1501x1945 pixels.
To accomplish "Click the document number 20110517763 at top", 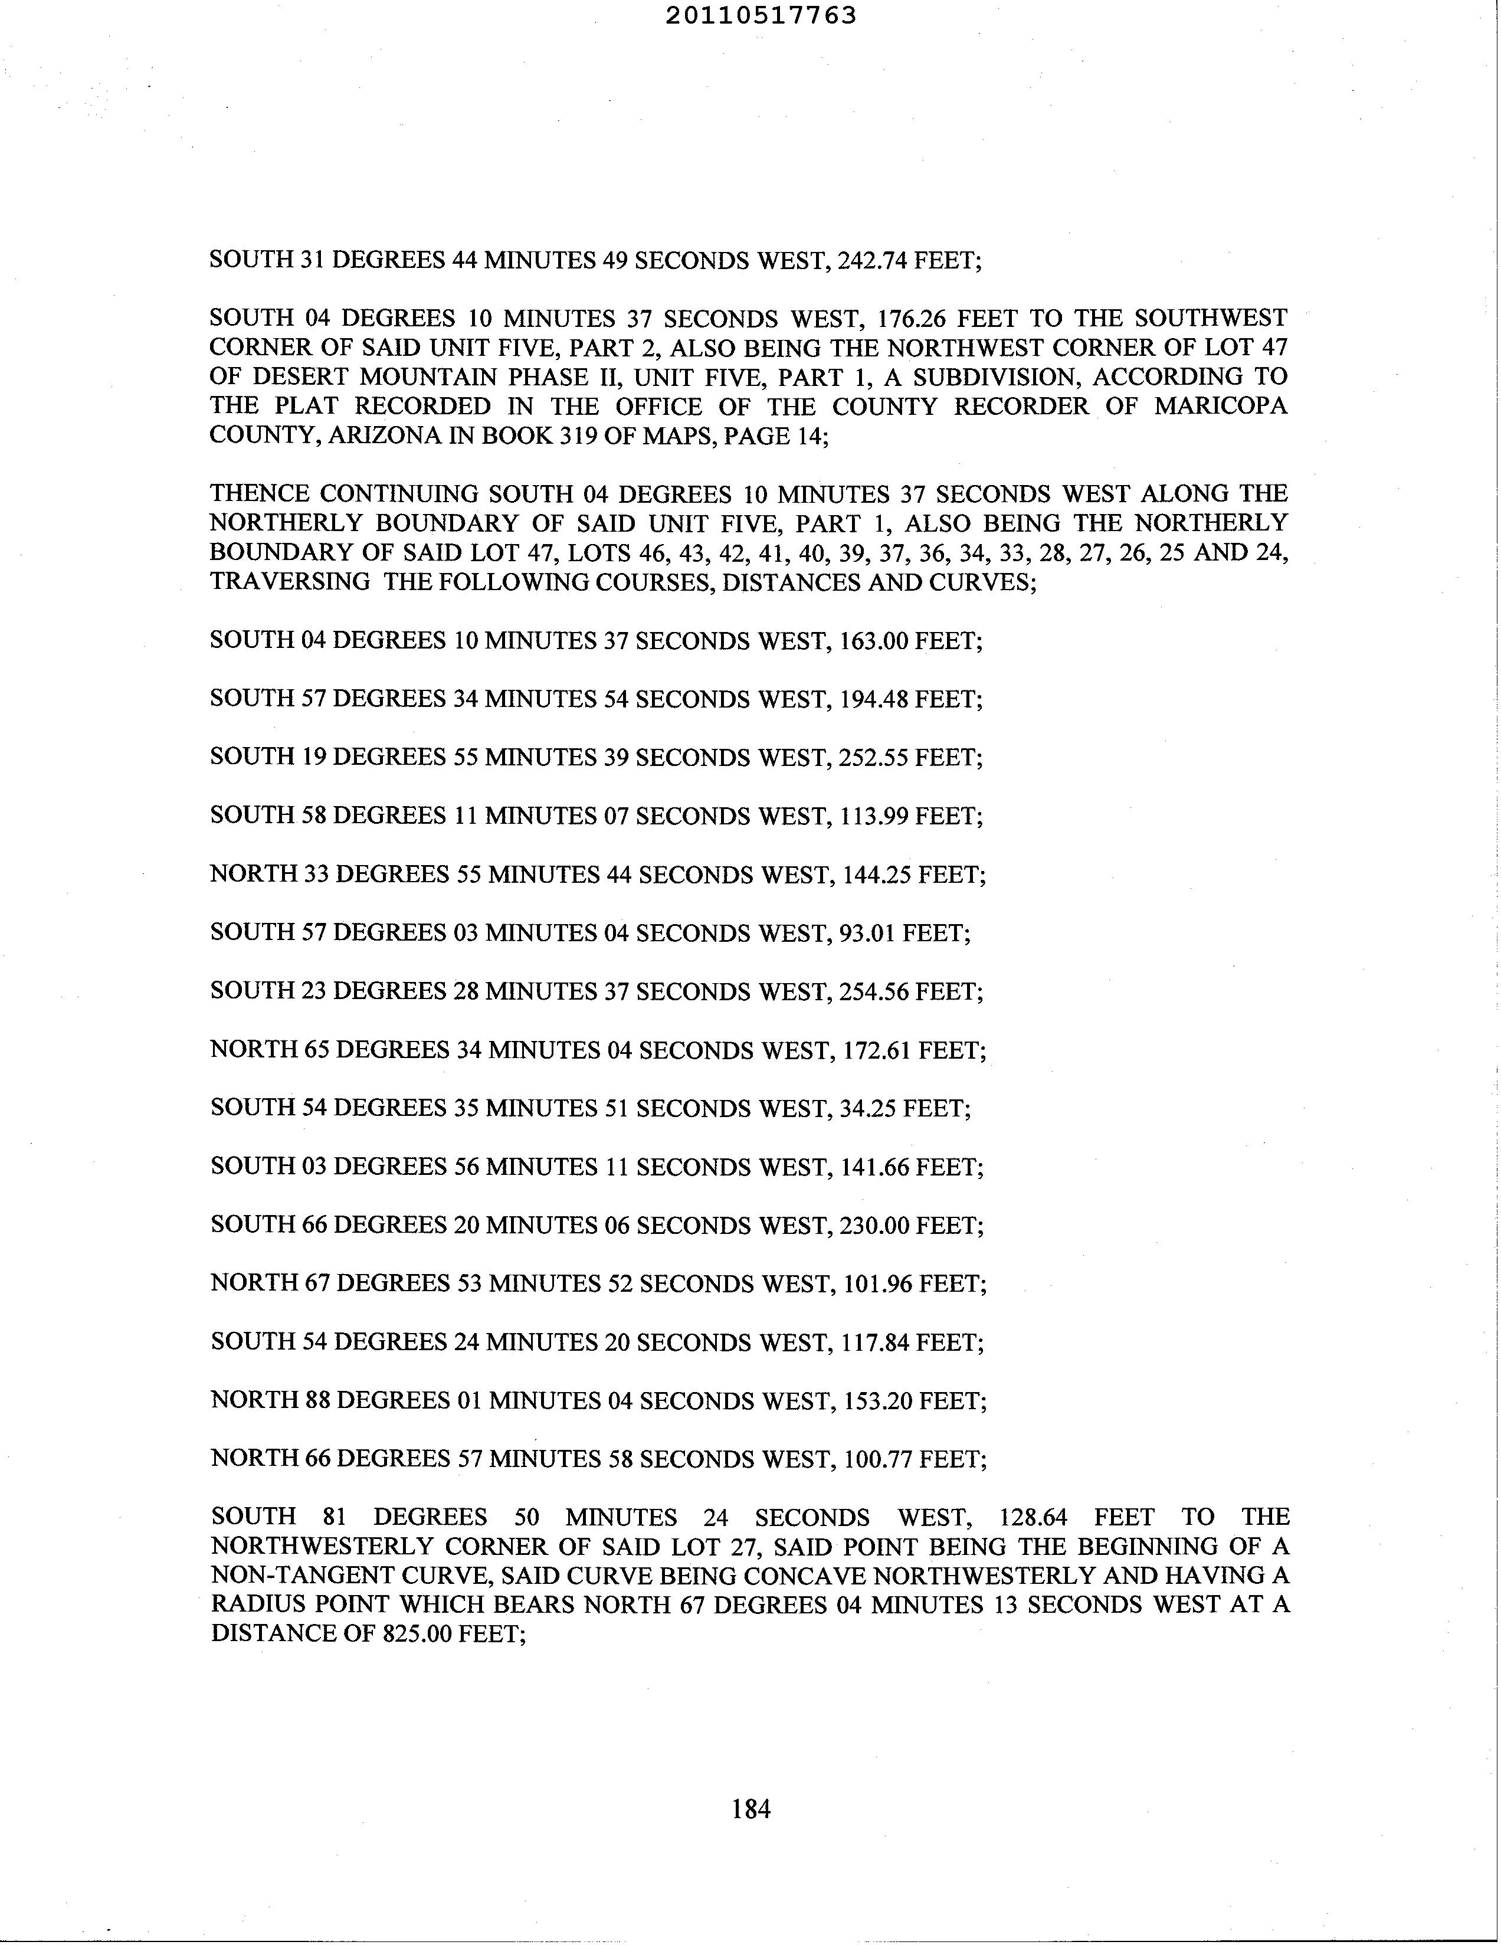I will [761, 15].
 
